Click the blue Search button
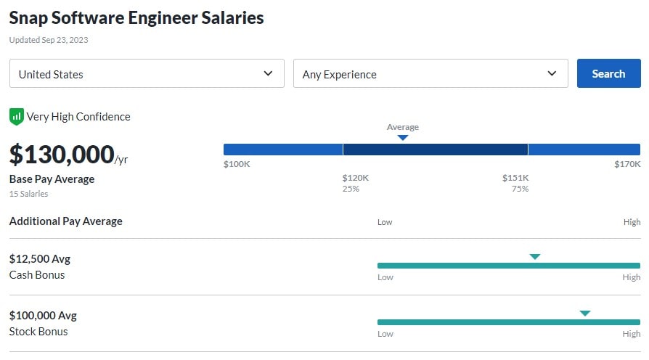(x=608, y=73)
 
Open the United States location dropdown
(x=147, y=73)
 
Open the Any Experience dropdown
(x=430, y=73)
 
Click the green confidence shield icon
(x=16, y=117)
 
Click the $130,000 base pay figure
(x=62, y=155)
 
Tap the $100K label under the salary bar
(x=237, y=164)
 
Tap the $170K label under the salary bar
(x=627, y=164)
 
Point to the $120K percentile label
(x=356, y=178)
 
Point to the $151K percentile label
(x=515, y=178)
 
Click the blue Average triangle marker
(x=403, y=137)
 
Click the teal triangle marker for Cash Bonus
(x=535, y=256)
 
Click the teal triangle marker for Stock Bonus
(x=585, y=313)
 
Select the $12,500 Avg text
(x=40, y=258)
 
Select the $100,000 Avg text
(x=43, y=315)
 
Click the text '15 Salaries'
(x=28, y=194)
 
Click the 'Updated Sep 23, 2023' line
(x=48, y=40)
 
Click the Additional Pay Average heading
(x=66, y=221)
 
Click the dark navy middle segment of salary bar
(x=435, y=150)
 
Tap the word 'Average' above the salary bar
(x=403, y=127)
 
